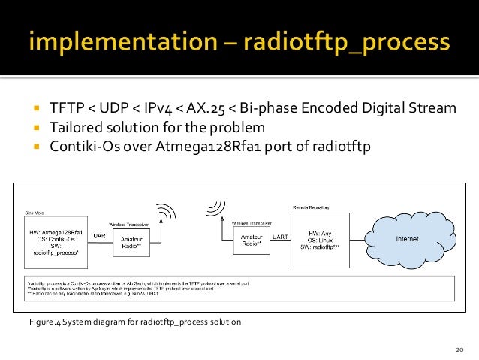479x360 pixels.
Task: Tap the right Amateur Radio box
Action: pos(249,241)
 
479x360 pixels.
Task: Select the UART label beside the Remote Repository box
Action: pos(279,237)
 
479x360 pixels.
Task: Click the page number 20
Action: pos(460,350)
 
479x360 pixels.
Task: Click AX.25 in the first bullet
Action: pos(239,108)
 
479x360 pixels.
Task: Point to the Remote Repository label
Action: pos(309,205)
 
